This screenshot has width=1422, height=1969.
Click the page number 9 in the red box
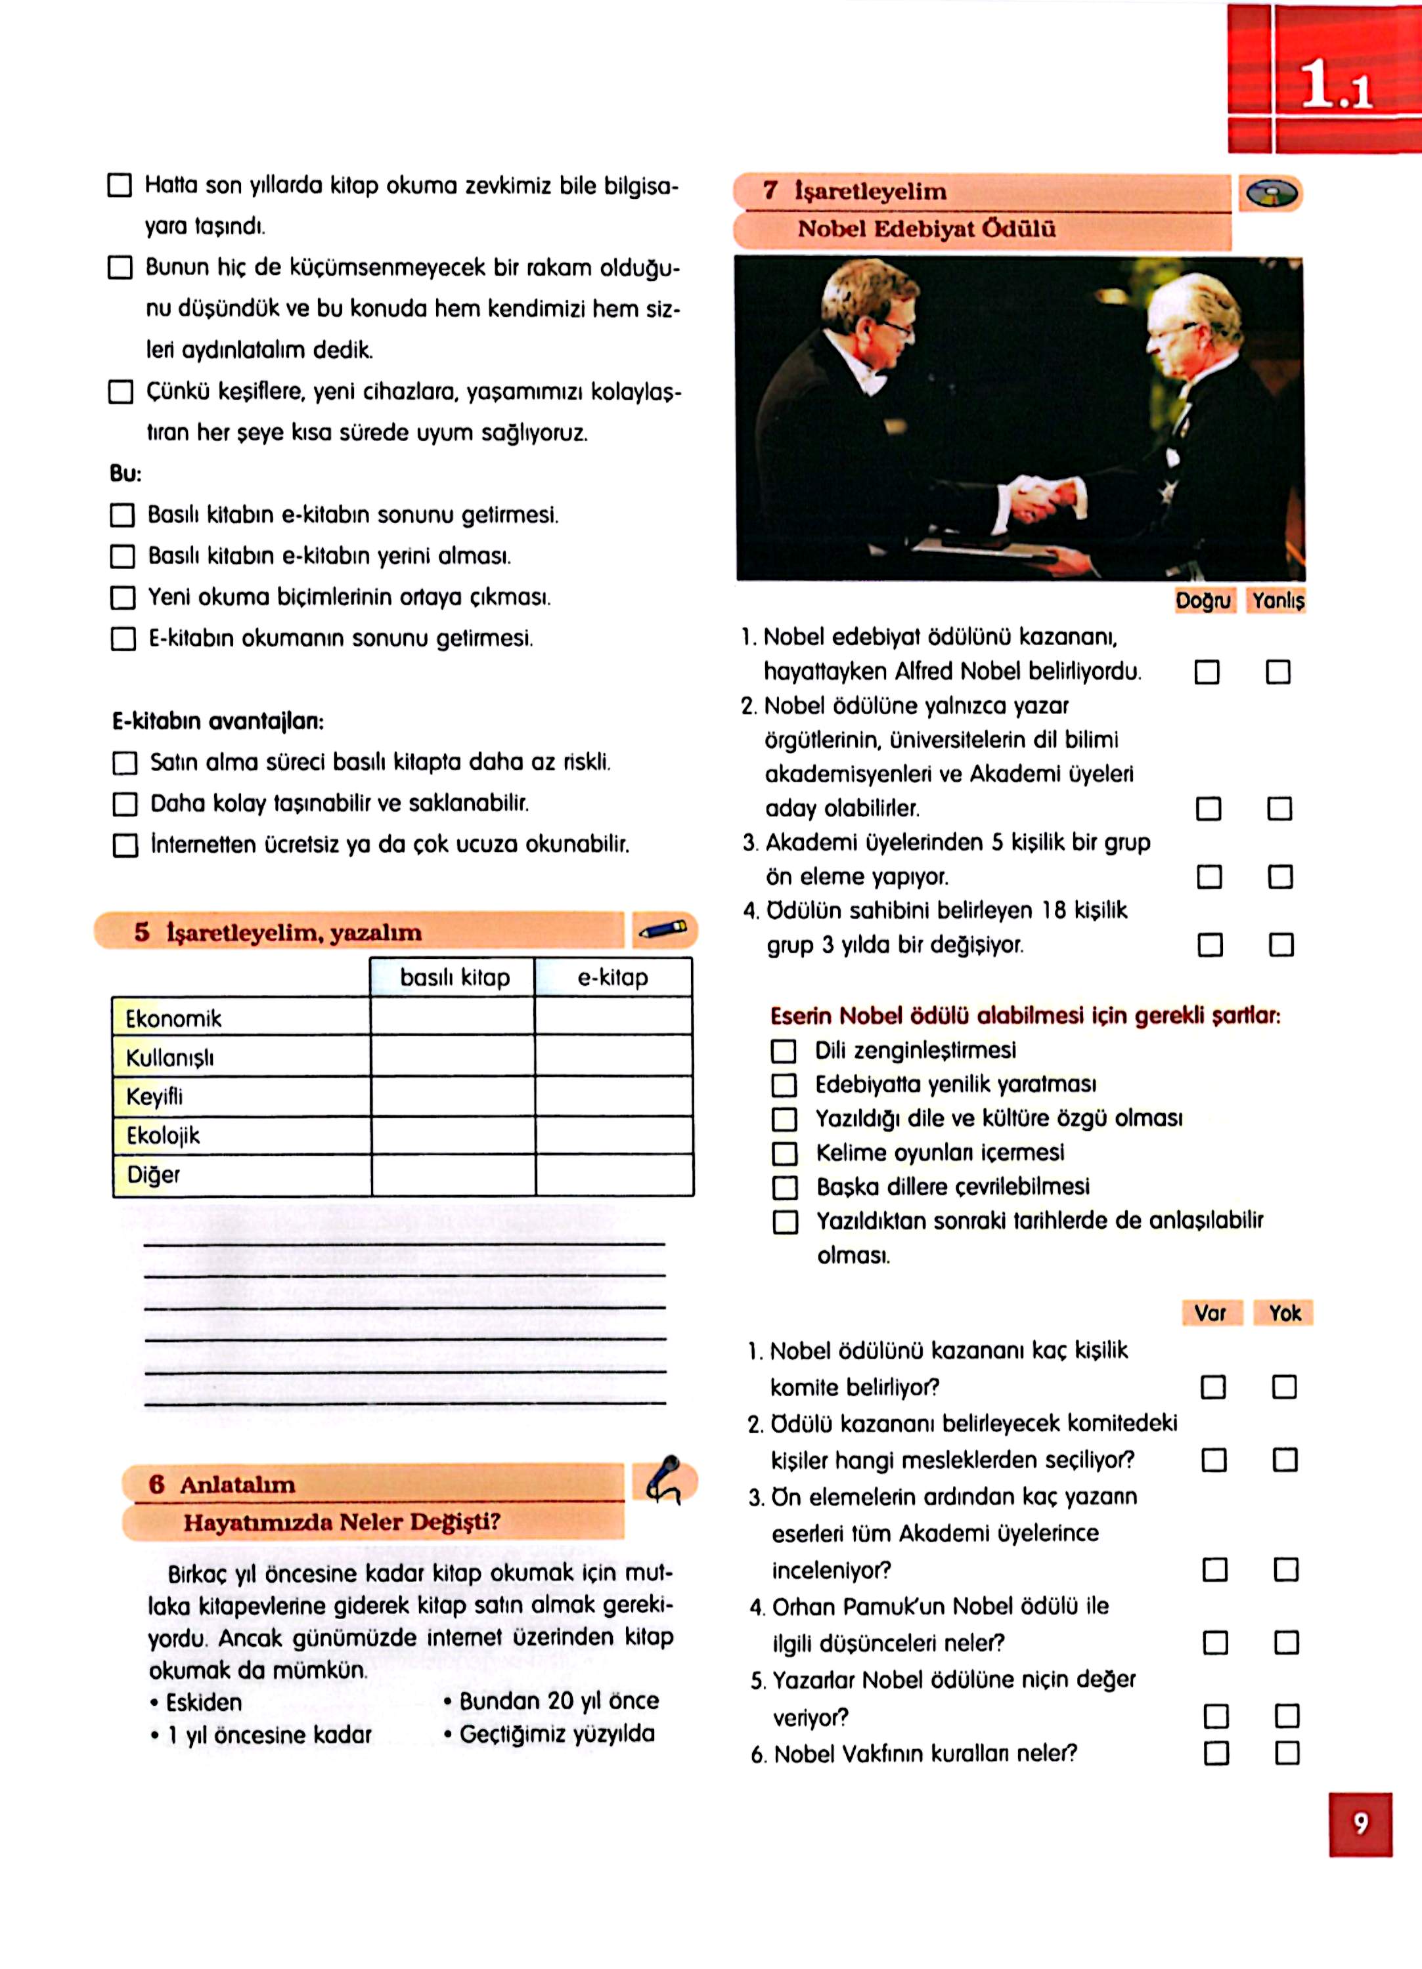tap(1360, 1824)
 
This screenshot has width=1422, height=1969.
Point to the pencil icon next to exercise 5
tap(663, 931)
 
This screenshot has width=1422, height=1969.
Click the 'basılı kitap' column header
tap(455, 977)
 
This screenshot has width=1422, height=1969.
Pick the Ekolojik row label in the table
tap(164, 1135)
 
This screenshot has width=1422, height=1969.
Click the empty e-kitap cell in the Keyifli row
tap(613, 1097)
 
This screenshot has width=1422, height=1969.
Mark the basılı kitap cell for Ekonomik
tap(453, 1017)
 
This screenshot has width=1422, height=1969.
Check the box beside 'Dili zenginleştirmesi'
tap(784, 1051)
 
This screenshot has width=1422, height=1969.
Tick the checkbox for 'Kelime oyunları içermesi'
tap(784, 1154)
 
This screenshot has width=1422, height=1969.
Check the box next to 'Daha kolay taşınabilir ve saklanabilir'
tap(125, 804)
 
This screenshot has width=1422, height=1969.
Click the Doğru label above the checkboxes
tap(1203, 601)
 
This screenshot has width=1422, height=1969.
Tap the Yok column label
tap(1284, 1313)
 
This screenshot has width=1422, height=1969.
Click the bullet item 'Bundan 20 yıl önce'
tap(558, 1701)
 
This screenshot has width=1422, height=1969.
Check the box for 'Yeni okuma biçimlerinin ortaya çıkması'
tap(123, 598)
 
